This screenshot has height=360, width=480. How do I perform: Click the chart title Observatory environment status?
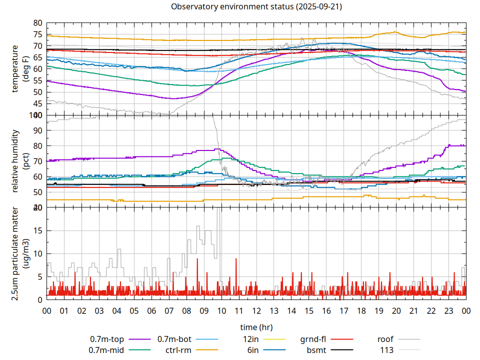[256, 7]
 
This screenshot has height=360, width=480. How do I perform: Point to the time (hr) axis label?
[256, 327]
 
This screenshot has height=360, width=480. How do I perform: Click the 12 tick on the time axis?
[256, 310]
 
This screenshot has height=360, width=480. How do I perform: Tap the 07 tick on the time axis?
[169, 310]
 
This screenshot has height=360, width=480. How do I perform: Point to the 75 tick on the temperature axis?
[37, 34]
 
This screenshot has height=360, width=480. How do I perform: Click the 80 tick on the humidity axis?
[37, 146]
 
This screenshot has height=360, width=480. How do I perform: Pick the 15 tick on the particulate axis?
[37, 230]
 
